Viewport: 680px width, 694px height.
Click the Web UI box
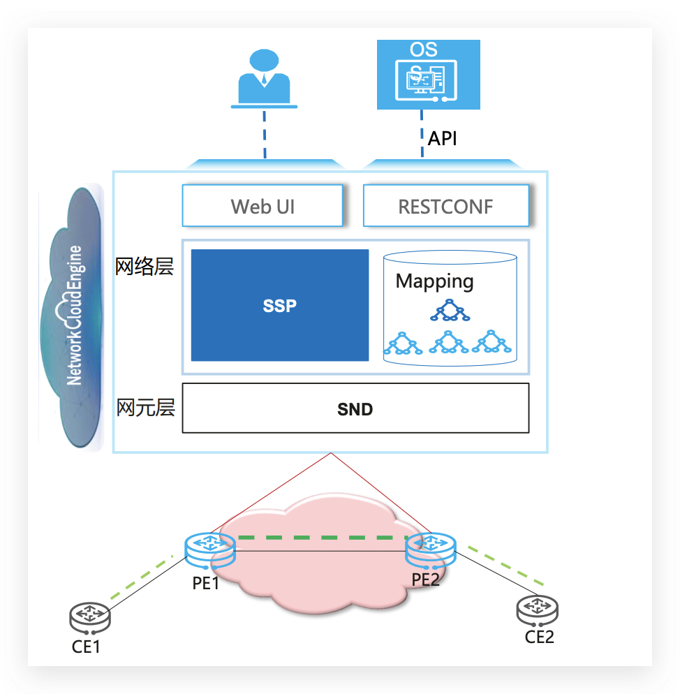[262, 206]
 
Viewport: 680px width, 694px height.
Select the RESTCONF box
[445, 206]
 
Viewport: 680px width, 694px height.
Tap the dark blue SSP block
[280, 305]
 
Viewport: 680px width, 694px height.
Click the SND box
[355, 409]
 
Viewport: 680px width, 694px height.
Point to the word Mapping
[434, 281]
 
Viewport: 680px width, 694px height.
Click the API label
[443, 138]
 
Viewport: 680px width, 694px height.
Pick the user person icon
[264, 78]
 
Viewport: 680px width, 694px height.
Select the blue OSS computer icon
[429, 75]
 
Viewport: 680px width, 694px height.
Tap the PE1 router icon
[209, 548]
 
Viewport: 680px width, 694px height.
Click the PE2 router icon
[430, 548]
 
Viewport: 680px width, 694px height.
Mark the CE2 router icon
[537, 610]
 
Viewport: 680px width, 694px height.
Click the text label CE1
[87, 647]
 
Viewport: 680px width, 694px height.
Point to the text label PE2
[426, 579]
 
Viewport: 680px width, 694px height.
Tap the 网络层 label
[145, 266]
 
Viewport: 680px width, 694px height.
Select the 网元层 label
[145, 408]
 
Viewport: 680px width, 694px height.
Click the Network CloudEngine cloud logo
[73, 318]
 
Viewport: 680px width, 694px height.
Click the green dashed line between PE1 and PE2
[321, 538]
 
